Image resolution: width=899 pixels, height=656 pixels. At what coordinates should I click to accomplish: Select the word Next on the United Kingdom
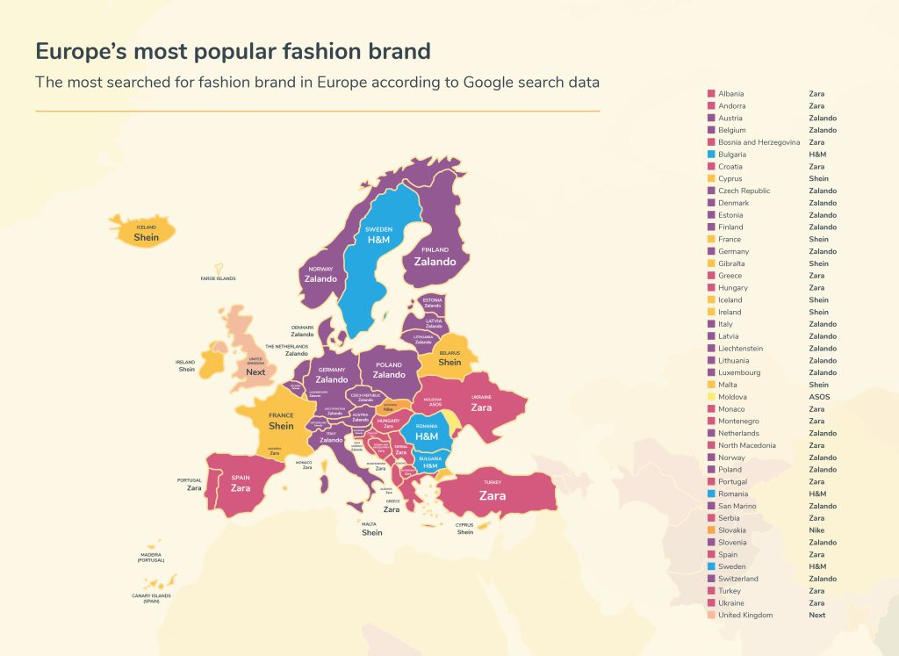tap(255, 371)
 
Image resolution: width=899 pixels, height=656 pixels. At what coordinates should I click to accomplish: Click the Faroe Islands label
tap(218, 278)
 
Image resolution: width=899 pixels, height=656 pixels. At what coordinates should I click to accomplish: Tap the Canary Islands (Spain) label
tap(152, 599)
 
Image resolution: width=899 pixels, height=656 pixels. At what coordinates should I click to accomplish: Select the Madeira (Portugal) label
tap(151, 557)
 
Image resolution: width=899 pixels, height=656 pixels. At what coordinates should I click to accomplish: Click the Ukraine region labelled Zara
tap(481, 407)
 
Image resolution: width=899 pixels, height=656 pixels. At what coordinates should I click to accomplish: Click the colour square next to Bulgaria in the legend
tap(710, 155)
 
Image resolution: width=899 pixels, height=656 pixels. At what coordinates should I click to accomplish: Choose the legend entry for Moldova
tap(732, 397)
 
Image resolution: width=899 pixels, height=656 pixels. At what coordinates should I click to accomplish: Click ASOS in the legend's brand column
tap(818, 397)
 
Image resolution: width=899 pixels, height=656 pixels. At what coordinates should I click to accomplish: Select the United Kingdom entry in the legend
tap(745, 615)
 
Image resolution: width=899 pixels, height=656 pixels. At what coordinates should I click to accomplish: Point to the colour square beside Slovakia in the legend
tap(710, 530)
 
